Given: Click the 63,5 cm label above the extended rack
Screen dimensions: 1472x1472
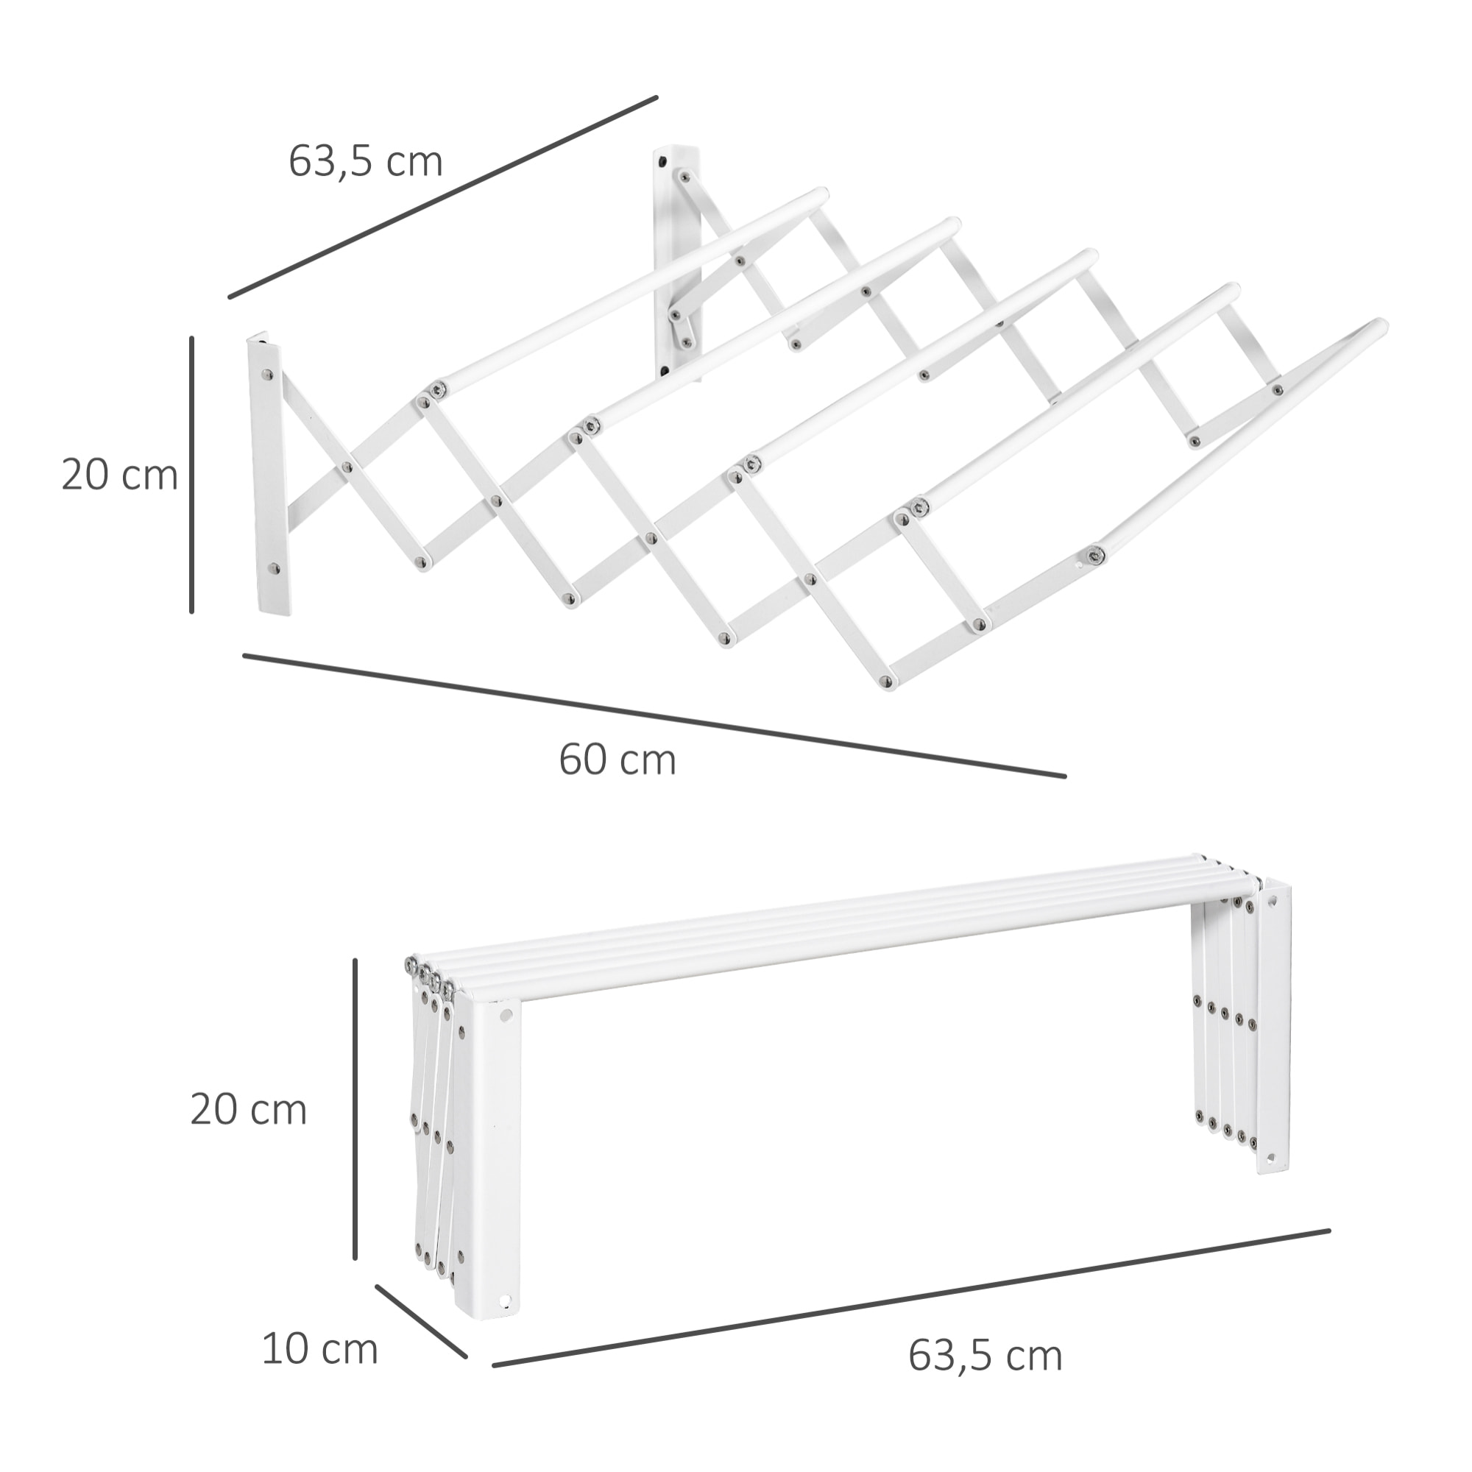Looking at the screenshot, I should [365, 161].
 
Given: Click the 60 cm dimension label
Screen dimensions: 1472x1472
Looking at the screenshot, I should [618, 760].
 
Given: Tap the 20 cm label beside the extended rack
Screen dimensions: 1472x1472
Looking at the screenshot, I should [120, 475].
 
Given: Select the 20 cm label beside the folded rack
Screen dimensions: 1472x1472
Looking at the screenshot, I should [248, 1110].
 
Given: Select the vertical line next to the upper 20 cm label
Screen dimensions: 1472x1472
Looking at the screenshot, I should [192, 474].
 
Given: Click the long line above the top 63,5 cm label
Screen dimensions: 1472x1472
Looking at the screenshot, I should [442, 197].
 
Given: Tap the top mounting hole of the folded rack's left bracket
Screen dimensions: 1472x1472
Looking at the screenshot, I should [505, 1016].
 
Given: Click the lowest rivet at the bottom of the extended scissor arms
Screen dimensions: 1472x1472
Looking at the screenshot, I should [884, 680].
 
